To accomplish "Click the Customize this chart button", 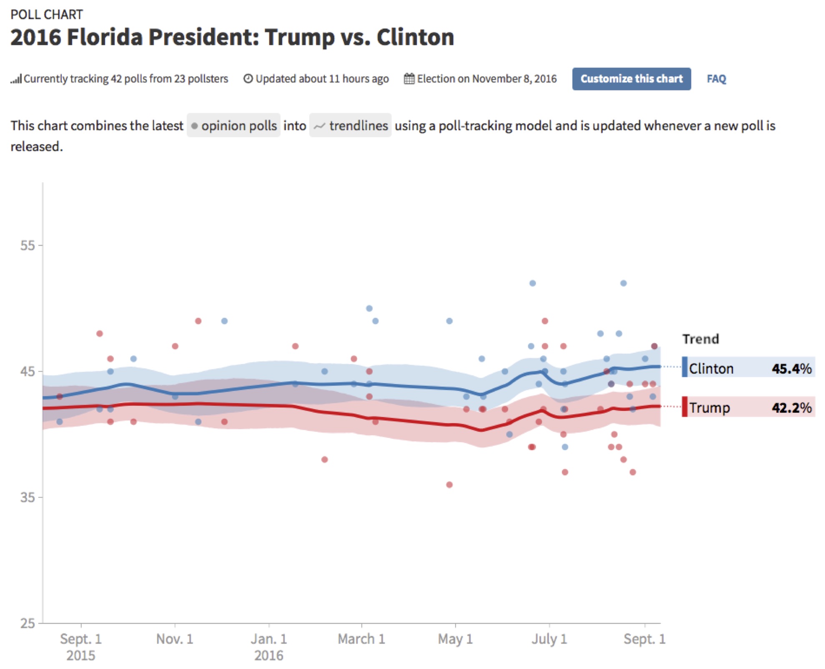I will pyautogui.click(x=631, y=79).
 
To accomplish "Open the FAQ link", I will pyautogui.click(x=716, y=79).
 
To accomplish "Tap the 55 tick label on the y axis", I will pyautogui.click(x=28, y=245).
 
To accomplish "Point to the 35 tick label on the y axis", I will pyautogui.click(x=28, y=497).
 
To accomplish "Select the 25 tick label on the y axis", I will pyautogui.click(x=28, y=623).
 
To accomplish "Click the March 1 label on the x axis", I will pyautogui.click(x=361, y=639).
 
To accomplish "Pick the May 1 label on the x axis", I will pyautogui.click(x=455, y=639).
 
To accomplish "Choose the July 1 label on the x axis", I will pyautogui.click(x=549, y=639).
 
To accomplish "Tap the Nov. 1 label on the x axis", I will pyautogui.click(x=175, y=639).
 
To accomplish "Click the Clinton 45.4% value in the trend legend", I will pyautogui.click(x=791, y=369).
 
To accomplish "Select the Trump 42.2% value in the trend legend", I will pyautogui.click(x=791, y=407).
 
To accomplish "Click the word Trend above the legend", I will pyautogui.click(x=700, y=339).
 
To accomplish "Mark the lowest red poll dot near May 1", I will pyautogui.click(x=449, y=485).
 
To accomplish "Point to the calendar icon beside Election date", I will pyautogui.click(x=409, y=78).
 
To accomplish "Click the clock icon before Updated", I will pyautogui.click(x=248, y=78).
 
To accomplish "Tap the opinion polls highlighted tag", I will pyautogui.click(x=233, y=126).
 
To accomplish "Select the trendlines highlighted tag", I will pyautogui.click(x=350, y=126).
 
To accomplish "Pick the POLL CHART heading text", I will pyautogui.click(x=47, y=15).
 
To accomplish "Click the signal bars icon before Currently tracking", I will pyautogui.click(x=16, y=79).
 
